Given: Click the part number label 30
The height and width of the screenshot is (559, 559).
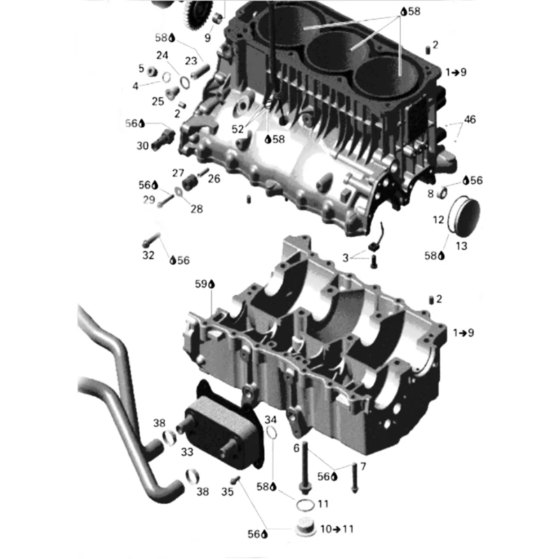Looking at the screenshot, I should point(143,146).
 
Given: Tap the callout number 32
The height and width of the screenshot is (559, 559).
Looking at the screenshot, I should point(148,256).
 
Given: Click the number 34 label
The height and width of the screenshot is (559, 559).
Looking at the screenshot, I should point(271,419).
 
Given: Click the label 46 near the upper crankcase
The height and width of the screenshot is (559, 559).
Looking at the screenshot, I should point(470,119).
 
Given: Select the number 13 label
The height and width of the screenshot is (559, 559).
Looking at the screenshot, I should point(463,245).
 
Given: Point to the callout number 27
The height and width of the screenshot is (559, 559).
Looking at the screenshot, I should point(178,173).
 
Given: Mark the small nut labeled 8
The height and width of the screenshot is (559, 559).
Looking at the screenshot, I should point(443,191).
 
